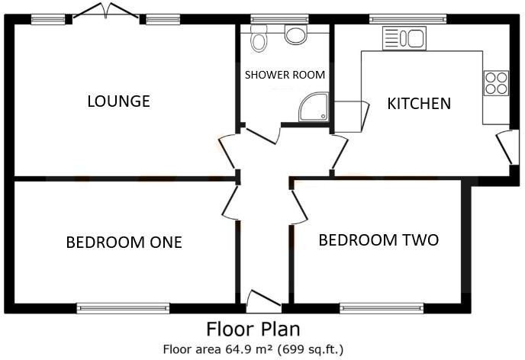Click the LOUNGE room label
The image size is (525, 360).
pyautogui.click(x=118, y=101)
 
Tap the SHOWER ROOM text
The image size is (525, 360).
pyautogui.click(x=285, y=75)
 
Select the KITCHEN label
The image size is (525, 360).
pyautogui.click(x=418, y=103)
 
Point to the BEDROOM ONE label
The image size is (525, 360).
pyautogui.click(x=124, y=243)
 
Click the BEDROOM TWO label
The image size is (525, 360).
pyautogui.click(x=378, y=240)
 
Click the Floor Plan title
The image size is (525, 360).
pyautogui.click(x=253, y=329)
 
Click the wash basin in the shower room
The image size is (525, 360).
pyautogui.click(x=295, y=33)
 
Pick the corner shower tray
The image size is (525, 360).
pyautogui.click(x=314, y=109)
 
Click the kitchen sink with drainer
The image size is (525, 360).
pyautogui.click(x=404, y=38)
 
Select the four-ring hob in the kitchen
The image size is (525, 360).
pyautogui.click(x=496, y=82)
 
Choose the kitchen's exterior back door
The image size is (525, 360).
pyautogui.click(x=504, y=147)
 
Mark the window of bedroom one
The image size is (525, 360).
pyautogui.click(x=123, y=308)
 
